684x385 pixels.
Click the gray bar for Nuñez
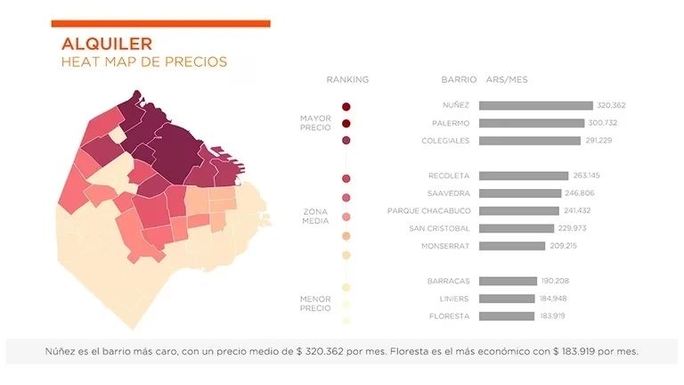pos(535,105)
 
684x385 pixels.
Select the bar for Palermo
pos(531,123)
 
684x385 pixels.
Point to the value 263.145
pos(586,176)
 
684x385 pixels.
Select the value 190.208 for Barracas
pos(555,281)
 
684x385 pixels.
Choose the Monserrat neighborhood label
pos(444,246)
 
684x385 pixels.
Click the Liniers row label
pos(453,299)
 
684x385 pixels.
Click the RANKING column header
pos(347,80)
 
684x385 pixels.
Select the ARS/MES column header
pos(507,80)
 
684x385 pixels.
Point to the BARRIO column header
pos(459,80)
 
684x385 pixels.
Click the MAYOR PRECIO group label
pos(315,123)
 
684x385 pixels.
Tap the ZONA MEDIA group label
pos(315,217)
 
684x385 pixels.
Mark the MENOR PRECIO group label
pos(315,303)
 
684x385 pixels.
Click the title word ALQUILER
pos(106,43)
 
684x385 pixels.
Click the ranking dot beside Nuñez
pos(346,107)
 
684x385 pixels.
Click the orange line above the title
pos(160,23)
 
